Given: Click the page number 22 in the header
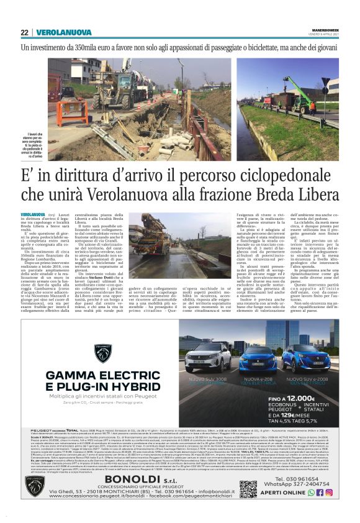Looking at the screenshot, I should point(24,32).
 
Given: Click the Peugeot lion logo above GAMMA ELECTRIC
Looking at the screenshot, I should point(102,353).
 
